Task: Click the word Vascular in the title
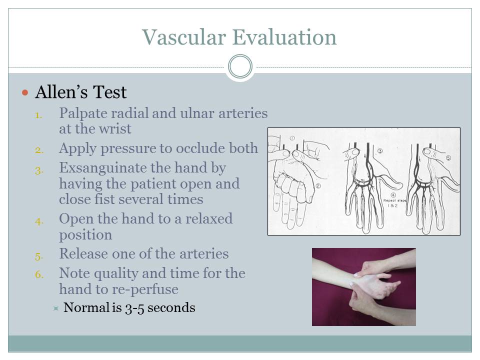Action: (x=184, y=37)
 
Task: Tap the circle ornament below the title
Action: (x=240, y=66)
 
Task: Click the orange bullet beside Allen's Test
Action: (x=25, y=93)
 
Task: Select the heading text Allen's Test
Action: (x=80, y=92)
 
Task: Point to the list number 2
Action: (x=39, y=149)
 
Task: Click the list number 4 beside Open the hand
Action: (x=39, y=220)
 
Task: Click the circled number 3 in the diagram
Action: (x=380, y=150)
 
